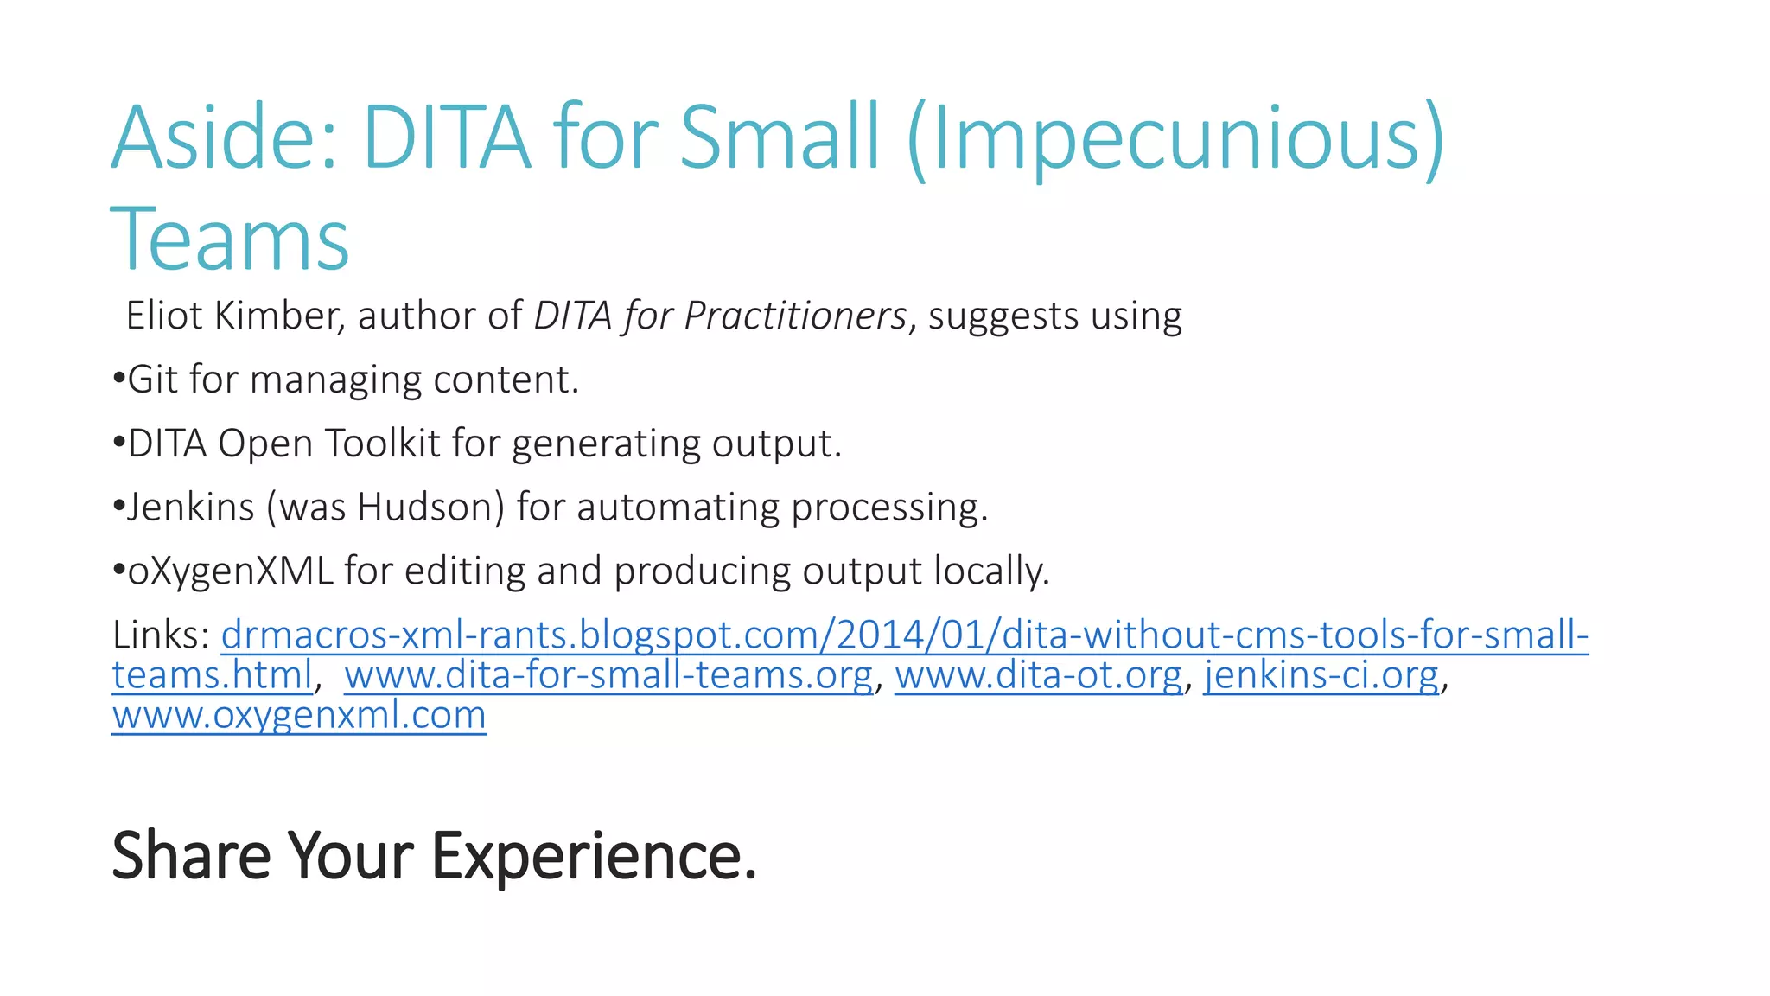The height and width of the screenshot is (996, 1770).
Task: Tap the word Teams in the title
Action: coord(230,239)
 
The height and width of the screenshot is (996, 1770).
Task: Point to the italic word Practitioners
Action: coord(795,316)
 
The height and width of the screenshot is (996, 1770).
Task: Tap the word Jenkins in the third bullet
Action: coord(191,508)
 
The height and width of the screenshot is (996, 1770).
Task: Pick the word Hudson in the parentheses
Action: coord(430,508)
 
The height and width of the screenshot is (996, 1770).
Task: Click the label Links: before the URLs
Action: coord(162,635)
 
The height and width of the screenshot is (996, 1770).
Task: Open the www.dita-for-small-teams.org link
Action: coord(608,675)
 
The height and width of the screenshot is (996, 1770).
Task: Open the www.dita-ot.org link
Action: coord(1038,675)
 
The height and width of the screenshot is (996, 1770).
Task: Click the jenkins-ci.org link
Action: coord(1321,675)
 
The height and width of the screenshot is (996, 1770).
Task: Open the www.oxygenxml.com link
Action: coord(299,715)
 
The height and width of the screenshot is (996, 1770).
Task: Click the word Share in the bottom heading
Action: coord(192,856)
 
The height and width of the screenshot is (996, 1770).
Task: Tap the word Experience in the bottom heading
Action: coord(594,856)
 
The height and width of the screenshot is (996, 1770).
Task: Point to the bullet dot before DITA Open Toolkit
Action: coord(119,443)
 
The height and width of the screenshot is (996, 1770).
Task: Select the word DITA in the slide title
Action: coord(446,138)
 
